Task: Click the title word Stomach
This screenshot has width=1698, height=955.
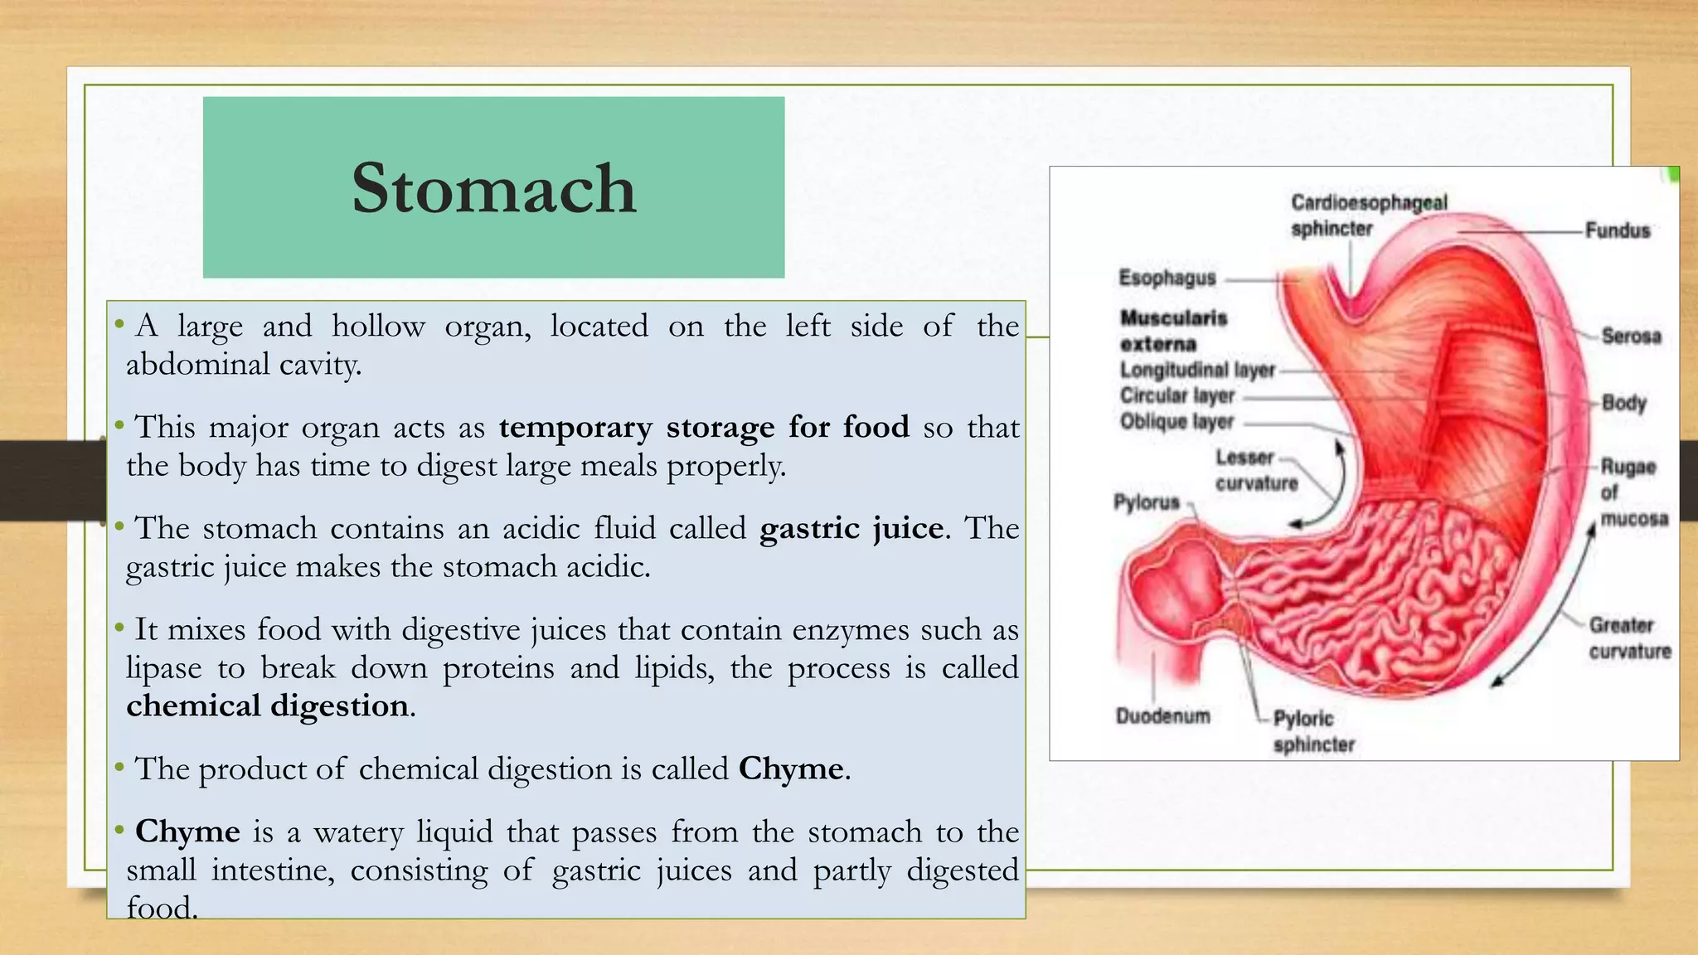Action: pos(494,188)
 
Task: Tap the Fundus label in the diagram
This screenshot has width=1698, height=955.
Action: pos(1617,230)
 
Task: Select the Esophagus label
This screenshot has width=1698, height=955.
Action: pos(1167,278)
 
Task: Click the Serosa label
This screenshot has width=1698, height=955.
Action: pos(1631,336)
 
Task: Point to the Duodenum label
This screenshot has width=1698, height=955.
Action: pos(1162,715)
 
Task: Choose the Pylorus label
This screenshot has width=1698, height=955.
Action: pos(1146,502)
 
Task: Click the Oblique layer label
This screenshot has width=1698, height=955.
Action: pos(1176,422)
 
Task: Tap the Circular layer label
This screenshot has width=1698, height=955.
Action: pos(1176,395)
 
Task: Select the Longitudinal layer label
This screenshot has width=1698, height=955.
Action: pos(1197,370)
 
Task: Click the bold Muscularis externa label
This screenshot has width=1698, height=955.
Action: pos(1172,330)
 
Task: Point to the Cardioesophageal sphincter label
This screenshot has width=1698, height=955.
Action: pos(1368,215)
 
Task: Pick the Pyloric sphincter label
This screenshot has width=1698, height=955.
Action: pos(1312,731)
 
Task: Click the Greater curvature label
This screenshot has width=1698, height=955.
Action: pos(1629,637)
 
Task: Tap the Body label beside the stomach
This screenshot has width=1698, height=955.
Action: pos(1623,403)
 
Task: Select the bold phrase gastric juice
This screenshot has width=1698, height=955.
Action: pos(851,528)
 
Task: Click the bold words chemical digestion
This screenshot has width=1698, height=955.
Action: pos(267,705)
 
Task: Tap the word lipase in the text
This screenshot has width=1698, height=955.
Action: pos(163,667)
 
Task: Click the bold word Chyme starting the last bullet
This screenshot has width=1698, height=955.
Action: pos(187,831)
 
